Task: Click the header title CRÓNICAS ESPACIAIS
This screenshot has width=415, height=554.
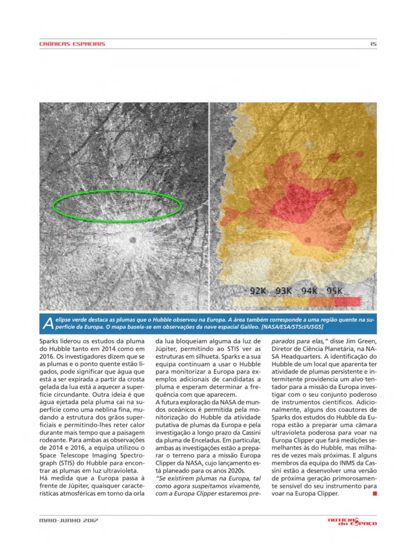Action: coord(72,44)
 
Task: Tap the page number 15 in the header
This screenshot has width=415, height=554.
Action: coord(373,44)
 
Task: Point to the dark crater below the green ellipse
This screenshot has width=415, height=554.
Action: coord(133,240)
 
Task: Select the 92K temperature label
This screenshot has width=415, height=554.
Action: coord(258,291)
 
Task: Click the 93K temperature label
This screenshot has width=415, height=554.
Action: coord(283,291)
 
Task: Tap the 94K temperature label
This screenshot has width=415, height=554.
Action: coord(309,291)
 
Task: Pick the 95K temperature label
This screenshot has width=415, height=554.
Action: coord(334,291)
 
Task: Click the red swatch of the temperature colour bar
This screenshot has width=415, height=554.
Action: coord(347,302)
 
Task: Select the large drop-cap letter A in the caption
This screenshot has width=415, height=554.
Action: coord(48,323)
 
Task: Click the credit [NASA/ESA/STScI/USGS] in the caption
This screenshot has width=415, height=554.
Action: coord(292,327)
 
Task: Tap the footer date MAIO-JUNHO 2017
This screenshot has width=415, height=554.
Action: coord(68,520)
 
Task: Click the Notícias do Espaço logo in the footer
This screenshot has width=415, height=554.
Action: coord(352,521)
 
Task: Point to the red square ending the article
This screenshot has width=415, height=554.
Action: coord(375,494)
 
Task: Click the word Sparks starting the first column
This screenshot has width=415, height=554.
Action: coord(49,341)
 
